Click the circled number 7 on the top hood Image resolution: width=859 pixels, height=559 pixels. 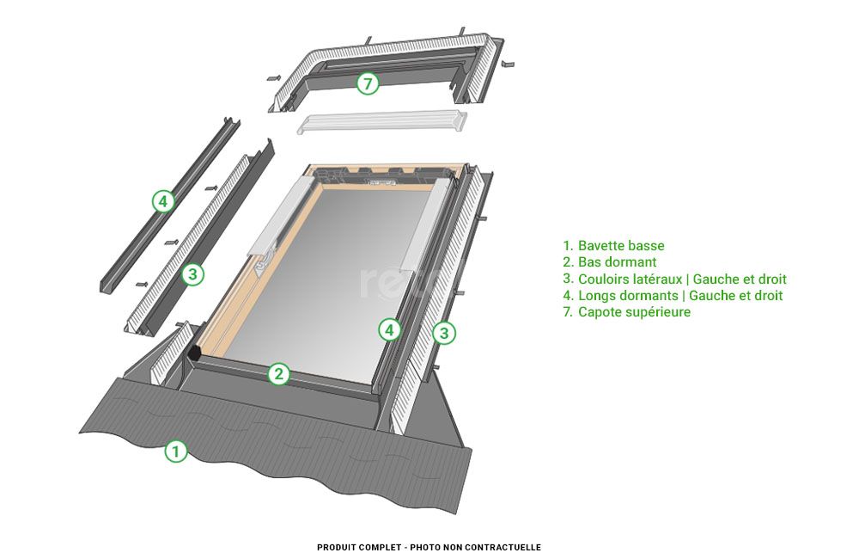click(367, 83)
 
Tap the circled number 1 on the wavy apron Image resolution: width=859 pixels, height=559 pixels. click(175, 451)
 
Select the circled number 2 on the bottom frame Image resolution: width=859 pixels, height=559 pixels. click(278, 374)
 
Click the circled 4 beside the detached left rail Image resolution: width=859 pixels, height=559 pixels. click(162, 201)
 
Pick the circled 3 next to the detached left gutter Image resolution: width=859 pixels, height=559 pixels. click(193, 274)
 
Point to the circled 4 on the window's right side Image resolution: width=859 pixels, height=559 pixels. click(390, 329)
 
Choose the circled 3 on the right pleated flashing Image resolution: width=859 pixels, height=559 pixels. click(443, 333)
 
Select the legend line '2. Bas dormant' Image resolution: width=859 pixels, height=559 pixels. click(610, 262)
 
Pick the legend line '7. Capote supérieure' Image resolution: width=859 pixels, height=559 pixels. click(626, 312)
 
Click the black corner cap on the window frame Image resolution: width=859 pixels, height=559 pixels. click(195, 353)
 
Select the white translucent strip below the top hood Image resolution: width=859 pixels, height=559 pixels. click(382, 122)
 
